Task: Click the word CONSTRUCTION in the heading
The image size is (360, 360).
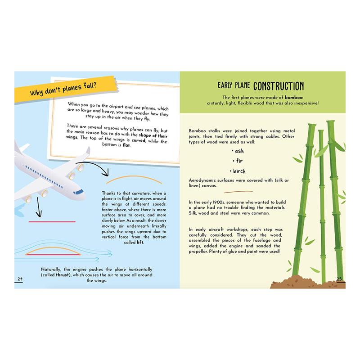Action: [x=279, y=86]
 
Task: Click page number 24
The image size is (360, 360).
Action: [x=20, y=279]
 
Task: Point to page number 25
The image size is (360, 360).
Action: [x=339, y=279]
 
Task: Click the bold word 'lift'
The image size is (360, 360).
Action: [x=140, y=242]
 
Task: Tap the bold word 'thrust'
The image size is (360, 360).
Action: [x=63, y=275]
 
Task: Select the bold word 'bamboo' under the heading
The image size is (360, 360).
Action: [x=294, y=97]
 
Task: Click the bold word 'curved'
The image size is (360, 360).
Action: [x=139, y=140]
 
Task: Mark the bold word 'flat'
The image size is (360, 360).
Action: [x=126, y=145]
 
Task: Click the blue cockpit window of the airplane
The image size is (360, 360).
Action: [x=78, y=192]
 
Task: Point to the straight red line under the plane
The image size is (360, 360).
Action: [x=52, y=222]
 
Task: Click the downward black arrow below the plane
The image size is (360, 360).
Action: [x=39, y=207]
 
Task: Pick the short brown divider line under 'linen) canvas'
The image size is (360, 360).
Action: [x=238, y=192]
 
